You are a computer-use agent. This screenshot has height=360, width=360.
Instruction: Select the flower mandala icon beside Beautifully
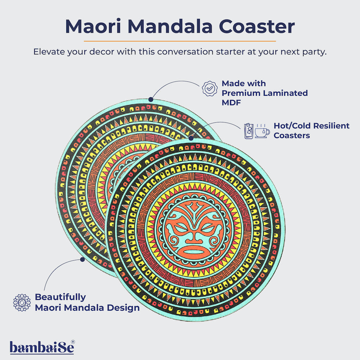tap(22, 302)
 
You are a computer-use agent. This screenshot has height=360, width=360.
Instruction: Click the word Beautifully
tap(60, 297)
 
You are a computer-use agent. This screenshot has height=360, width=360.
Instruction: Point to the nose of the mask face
tap(195, 236)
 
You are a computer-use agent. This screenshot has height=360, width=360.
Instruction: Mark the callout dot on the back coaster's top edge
tap(151, 99)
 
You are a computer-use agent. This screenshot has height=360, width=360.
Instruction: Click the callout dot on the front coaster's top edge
tap(191, 137)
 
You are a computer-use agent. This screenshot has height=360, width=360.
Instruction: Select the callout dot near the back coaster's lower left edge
tap(82, 259)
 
